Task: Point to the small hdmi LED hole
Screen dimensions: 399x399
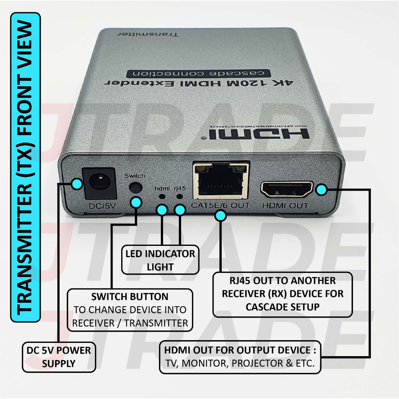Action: (161, 197)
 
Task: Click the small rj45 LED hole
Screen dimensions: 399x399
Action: (180, 197)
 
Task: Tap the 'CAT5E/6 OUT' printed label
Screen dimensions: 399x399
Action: (220, 205)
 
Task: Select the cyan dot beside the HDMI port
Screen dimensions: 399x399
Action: (321, 190)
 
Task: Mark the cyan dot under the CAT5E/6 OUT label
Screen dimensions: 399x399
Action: (220, 215)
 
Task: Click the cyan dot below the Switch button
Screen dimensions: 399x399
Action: (136, 202)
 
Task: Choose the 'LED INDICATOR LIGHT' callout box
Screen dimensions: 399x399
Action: (160, 260)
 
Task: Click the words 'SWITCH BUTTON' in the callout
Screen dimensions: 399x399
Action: (130, 297)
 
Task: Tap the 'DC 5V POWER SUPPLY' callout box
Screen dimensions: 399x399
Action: (59, 357)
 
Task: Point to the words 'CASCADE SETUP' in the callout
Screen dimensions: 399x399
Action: (282, 307)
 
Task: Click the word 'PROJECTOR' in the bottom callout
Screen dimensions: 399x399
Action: (255, 364)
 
